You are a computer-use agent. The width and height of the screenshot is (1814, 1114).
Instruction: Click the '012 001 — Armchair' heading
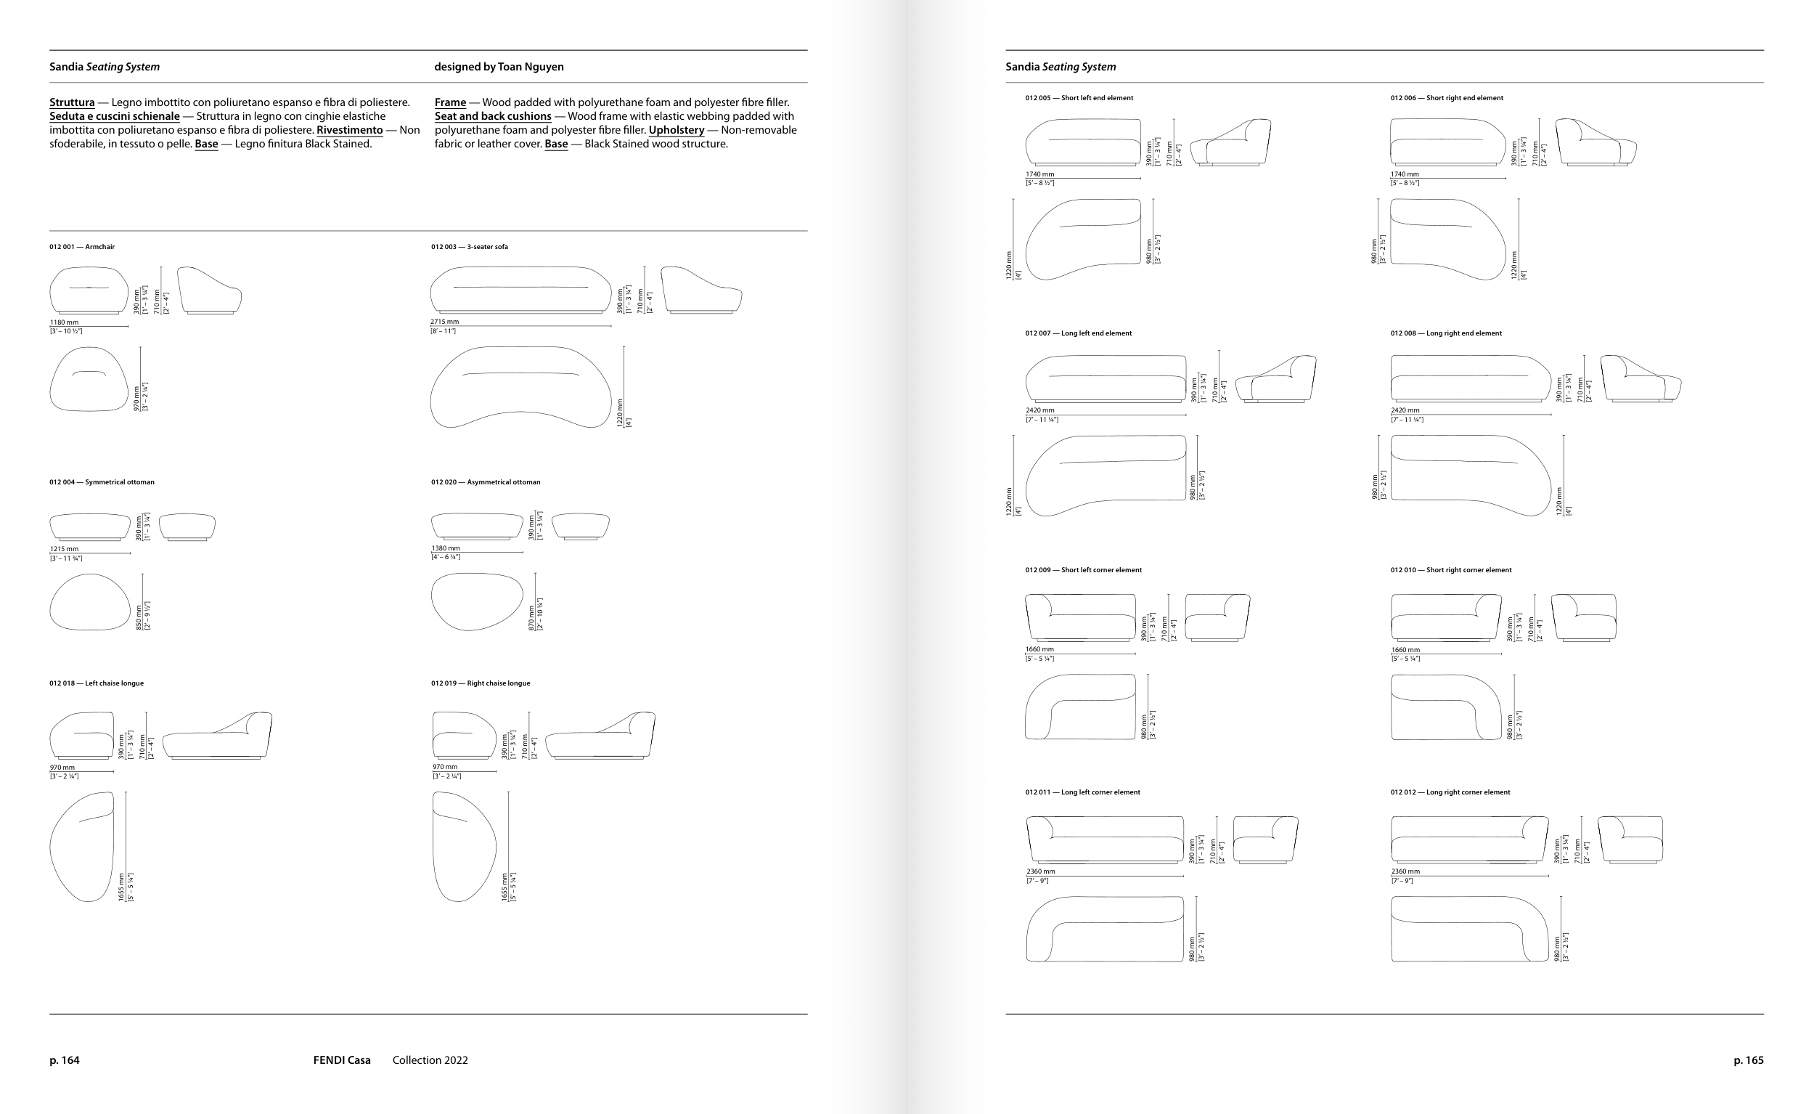82,247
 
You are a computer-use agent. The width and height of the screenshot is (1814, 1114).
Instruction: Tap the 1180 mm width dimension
64,322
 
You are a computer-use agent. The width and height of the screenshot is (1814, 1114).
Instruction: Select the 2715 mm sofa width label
444,322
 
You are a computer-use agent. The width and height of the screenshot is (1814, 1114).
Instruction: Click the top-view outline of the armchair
89,379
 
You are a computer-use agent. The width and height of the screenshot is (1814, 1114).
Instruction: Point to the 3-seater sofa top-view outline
520,387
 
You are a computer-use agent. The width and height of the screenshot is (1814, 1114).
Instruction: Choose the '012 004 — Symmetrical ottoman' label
102,482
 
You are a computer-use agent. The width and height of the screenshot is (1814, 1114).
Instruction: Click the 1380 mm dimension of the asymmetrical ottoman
445,548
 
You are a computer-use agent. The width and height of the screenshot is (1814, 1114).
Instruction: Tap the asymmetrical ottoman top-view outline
476,602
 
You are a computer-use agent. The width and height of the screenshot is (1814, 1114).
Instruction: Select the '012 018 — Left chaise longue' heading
97,683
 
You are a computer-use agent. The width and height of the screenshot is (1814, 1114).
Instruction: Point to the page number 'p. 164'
64,1060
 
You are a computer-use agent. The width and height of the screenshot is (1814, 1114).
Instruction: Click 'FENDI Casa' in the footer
342,1060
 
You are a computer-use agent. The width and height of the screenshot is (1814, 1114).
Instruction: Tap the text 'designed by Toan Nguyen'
499,66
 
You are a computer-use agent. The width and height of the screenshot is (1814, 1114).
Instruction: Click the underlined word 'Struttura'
72,102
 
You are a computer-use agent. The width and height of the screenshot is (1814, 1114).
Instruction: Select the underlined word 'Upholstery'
676,131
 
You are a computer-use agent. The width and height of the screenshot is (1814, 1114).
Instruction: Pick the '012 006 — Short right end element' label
1447,98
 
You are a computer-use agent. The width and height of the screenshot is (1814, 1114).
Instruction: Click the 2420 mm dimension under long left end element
1039,410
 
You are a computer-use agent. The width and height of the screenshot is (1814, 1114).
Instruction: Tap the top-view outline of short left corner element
1079,707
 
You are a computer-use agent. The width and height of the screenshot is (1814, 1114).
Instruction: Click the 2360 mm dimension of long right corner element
1405,871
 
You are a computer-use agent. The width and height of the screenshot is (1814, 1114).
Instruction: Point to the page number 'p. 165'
1749,1060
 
